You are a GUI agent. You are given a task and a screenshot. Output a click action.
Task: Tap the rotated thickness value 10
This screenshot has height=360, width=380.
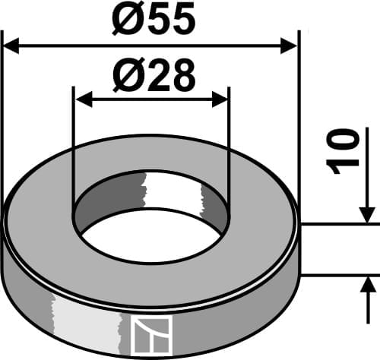[345, 151]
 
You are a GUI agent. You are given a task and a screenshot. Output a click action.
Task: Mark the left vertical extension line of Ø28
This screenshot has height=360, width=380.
[73, 152]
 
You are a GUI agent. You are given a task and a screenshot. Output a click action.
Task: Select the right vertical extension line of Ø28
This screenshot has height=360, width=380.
[229, 152]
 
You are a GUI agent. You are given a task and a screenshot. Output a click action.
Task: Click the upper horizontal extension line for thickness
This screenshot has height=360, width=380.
[338, 224]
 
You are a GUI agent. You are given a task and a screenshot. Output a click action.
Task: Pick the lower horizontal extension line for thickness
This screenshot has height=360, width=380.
[338, 274]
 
